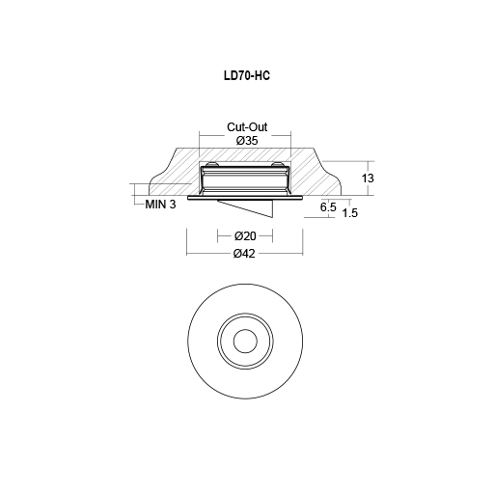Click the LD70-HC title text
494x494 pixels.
click(247, 76)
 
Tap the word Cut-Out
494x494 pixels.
click(247, 127)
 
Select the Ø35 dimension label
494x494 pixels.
click(247, 141)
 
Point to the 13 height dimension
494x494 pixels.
click(368, 178)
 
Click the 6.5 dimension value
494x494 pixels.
click(328, 206)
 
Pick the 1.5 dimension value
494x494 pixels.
click(350, 212)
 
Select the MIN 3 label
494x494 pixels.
click(160, 205)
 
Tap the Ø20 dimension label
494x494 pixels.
click(245, 236)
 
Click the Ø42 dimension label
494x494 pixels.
click(244, 254)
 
